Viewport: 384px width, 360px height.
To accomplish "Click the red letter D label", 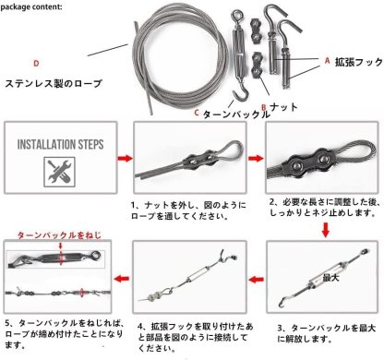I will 35,63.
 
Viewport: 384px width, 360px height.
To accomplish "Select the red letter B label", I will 264,107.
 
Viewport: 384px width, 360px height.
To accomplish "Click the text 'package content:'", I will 35,6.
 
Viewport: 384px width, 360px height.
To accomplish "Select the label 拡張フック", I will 358,63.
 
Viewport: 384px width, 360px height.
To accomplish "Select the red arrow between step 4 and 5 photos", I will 120,274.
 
